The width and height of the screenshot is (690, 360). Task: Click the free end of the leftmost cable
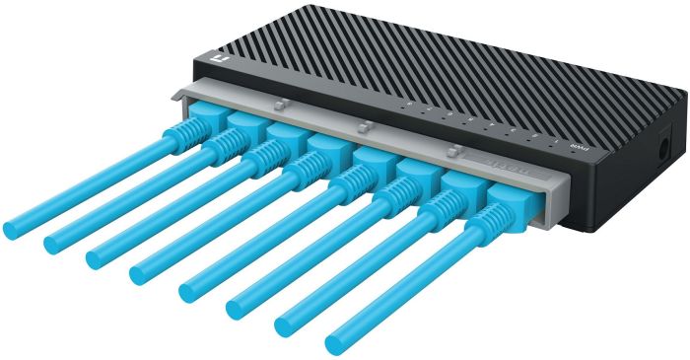pos(12,228)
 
